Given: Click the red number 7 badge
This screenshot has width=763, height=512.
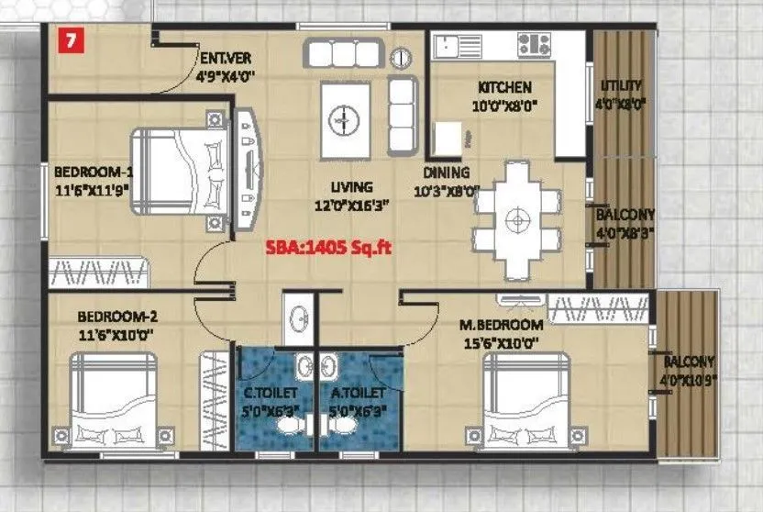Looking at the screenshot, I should pos(66,40).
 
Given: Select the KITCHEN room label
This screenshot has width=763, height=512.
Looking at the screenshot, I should pos(503,87).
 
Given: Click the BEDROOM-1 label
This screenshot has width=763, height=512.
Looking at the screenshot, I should pos(94,171).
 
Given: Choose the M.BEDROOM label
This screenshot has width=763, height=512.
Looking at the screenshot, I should pos(502,325).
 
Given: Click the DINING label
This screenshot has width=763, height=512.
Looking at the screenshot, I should pos(447,172).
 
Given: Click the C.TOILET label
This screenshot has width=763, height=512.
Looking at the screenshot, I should pos(271,395).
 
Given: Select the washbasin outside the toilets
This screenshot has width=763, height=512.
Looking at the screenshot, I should pos(298,320).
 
